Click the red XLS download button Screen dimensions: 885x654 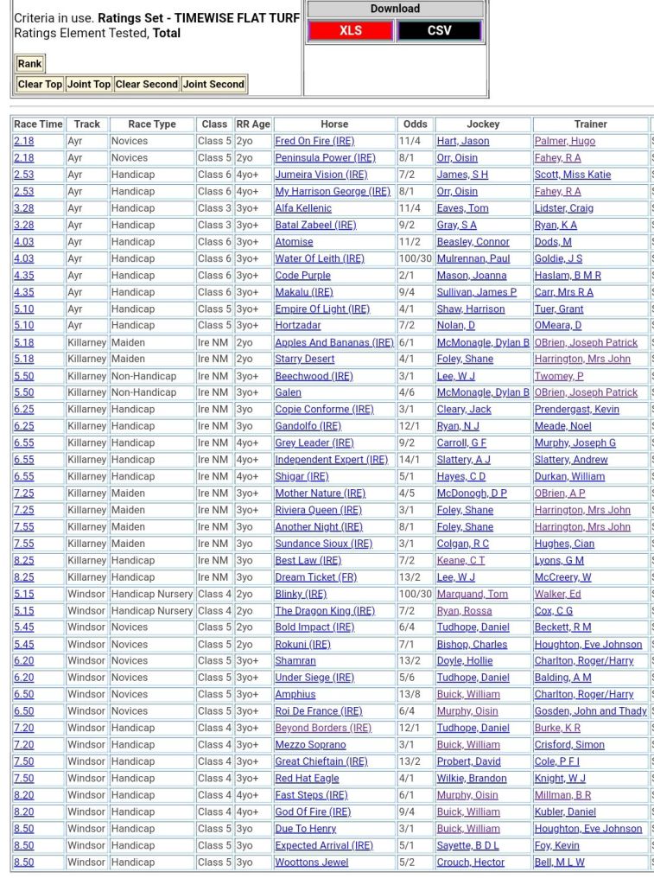pos(350,30)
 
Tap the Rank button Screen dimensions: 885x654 pos(30,64)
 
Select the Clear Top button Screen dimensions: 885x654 pos(40,84)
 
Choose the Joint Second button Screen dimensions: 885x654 pos(213,84)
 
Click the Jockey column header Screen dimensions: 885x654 pos(483,124)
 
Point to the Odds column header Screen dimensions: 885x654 pos(415,124)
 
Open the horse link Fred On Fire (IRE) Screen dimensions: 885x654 pos(314,141)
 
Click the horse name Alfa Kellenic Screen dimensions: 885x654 pos(303,208)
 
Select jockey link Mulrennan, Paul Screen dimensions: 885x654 pos(473,258)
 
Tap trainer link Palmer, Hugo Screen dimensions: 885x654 pos(564,141)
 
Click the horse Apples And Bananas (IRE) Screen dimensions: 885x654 pos(333,342)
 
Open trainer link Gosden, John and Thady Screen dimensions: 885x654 pos(590,711)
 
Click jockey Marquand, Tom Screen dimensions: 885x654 pos(472,594)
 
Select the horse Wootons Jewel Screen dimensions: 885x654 pos(311,863)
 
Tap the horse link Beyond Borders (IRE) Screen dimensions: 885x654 pos(323,728)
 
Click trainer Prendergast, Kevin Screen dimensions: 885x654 pos(576,410)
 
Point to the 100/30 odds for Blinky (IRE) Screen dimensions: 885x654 pos(415,594)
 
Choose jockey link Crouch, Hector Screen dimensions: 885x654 pos(471,863)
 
